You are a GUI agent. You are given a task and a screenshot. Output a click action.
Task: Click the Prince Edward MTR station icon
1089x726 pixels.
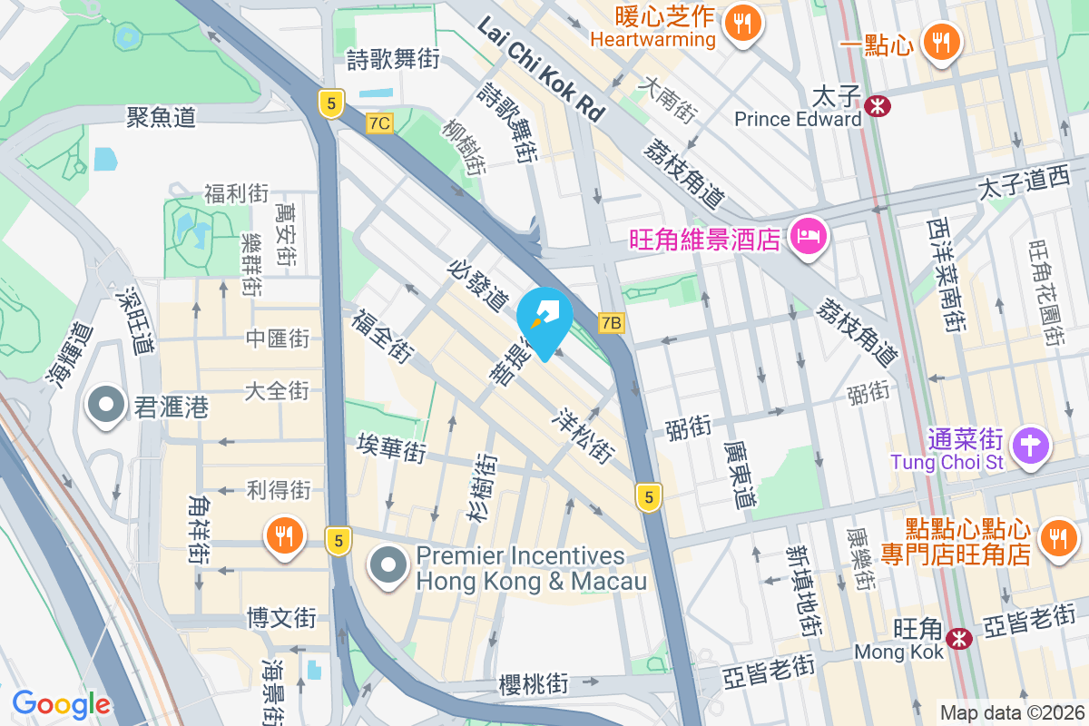tap(878, 105)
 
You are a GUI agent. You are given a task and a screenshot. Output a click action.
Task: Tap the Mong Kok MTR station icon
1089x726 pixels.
tap(958, 638)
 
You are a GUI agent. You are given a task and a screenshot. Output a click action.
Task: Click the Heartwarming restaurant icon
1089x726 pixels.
tap(743, 26)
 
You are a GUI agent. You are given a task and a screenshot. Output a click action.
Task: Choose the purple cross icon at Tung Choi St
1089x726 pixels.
tap(1034, 446)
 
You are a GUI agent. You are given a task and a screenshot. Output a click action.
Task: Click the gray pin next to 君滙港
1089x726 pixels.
tap(105, 406)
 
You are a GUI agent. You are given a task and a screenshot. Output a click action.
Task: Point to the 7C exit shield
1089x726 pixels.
tap(380, 123)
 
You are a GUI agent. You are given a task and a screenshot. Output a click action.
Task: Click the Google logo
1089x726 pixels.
tap(61, 704)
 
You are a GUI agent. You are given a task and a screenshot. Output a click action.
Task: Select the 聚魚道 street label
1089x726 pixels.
tap(161, 117)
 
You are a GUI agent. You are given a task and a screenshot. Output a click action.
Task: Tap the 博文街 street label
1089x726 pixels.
tap(281, 619)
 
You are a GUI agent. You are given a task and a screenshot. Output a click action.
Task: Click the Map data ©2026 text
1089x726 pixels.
tap(1011, 712)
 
